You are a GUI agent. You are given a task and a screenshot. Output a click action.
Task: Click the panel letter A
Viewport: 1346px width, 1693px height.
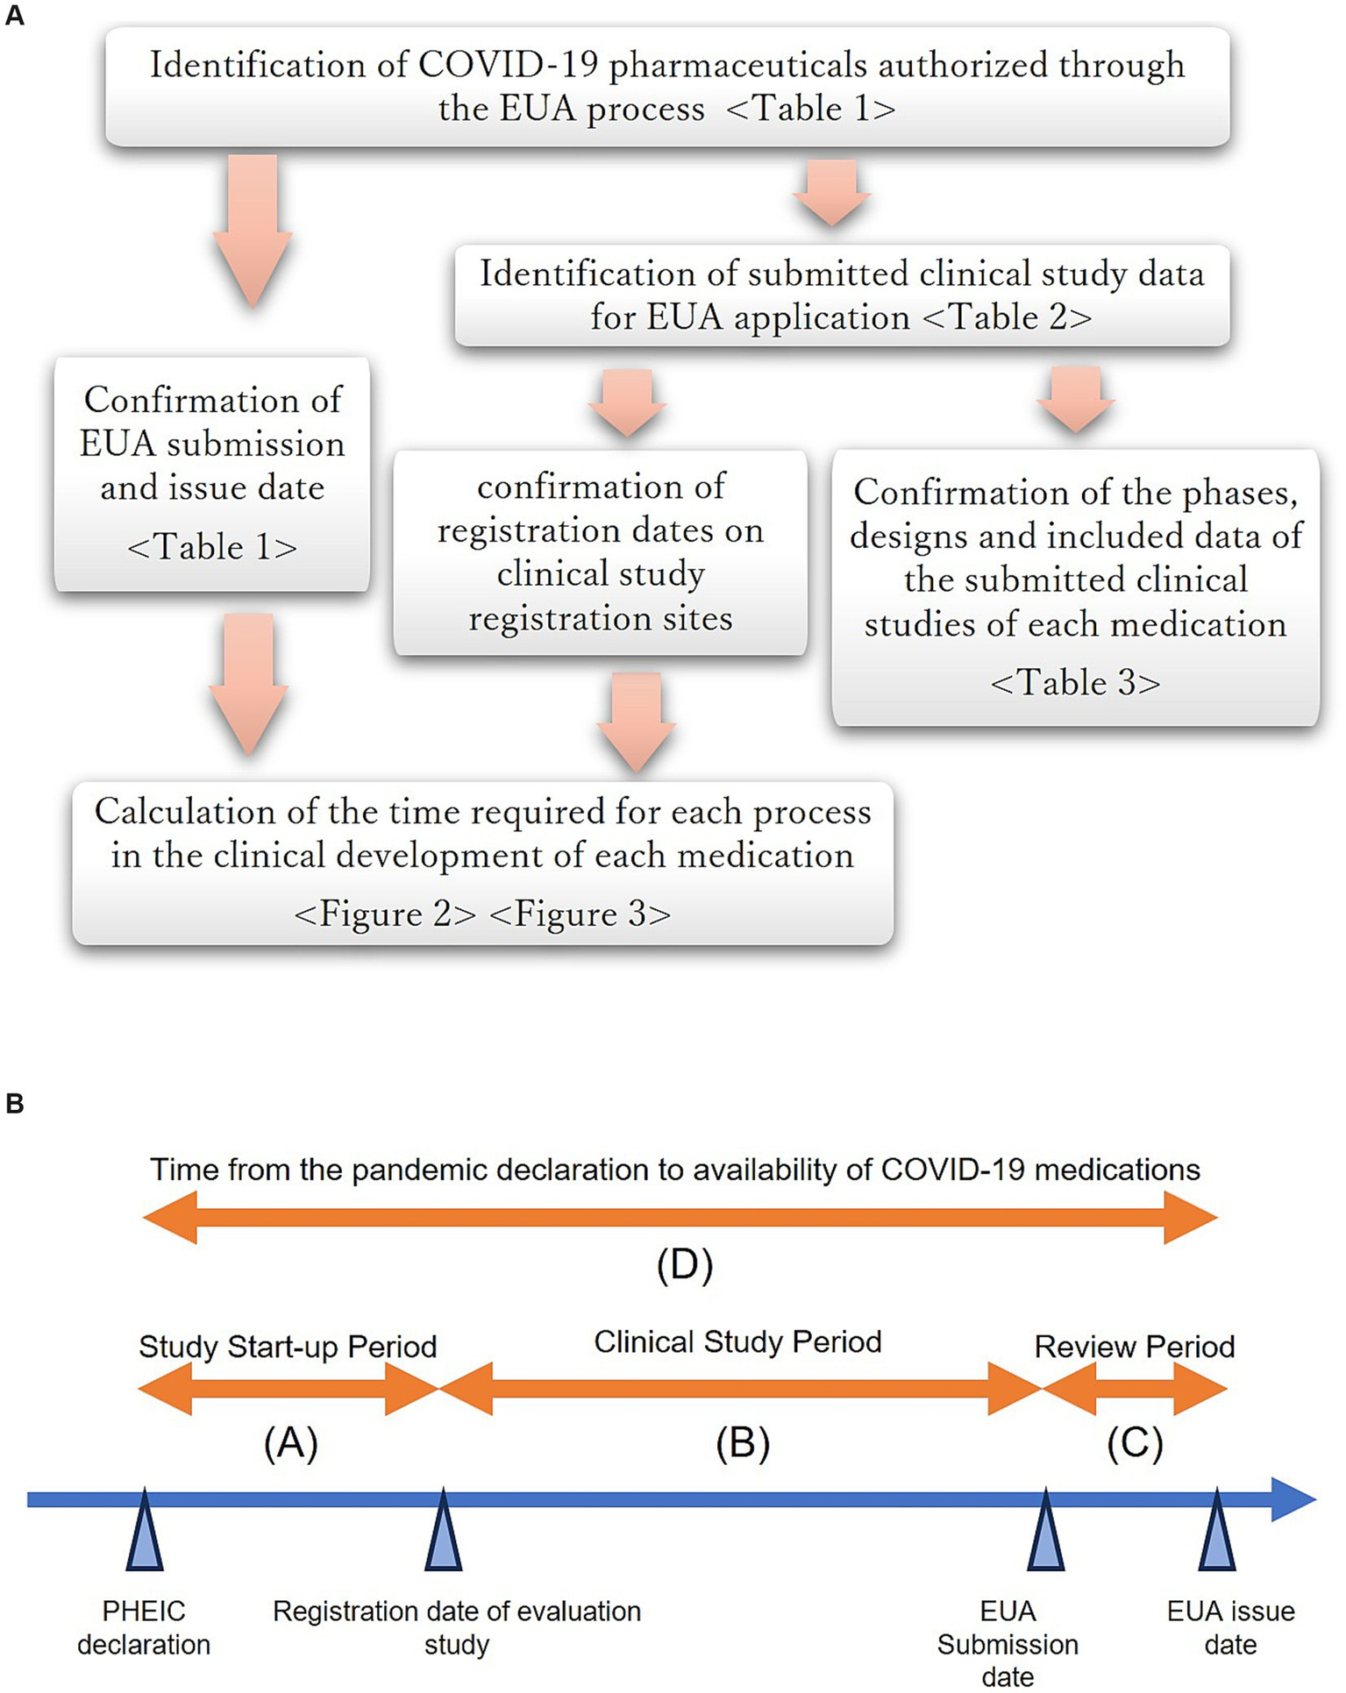click(x=14, y=16)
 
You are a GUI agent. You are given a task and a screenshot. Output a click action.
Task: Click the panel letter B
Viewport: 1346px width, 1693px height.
click(x=14, y=1103)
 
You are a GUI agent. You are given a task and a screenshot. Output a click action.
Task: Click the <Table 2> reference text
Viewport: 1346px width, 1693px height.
click(x=1008, y=317)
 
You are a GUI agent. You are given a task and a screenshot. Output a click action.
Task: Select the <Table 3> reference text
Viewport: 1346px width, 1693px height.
click(x=1075, y=683)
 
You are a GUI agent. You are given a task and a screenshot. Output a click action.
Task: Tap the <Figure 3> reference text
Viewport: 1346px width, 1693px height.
click(x=580, y=914)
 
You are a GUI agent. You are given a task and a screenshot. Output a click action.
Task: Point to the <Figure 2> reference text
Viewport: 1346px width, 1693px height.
click(x=385, y=914)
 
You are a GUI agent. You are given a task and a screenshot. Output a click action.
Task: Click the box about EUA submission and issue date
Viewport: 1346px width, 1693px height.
click(x=211, y=473)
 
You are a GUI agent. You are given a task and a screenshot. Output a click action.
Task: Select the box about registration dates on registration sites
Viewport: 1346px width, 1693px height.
click(x=600, y=552)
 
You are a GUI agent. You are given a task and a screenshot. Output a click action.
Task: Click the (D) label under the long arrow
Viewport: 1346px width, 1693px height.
click(x=685, y=1265)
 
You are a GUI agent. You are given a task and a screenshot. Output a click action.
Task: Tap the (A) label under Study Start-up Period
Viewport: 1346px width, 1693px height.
click(x=290, y=1443)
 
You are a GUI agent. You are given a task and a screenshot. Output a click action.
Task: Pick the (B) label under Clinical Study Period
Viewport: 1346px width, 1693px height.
click(x=742, y=1443)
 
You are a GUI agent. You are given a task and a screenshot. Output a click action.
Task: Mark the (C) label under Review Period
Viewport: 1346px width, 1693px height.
click(x=1134, y=1443)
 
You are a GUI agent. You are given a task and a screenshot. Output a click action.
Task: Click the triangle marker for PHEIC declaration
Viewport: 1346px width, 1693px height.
click(x=145, y=1533)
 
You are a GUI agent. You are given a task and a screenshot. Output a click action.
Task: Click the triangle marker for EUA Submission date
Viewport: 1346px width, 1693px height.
click(x=1045, y=1533)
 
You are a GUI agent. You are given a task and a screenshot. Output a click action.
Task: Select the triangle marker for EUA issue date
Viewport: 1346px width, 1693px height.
click(x=1216, y=1533)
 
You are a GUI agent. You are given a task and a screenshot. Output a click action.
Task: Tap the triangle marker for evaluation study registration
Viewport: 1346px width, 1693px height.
click(x=443, y=1533)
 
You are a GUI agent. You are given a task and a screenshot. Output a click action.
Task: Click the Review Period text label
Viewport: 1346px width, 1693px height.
click(x=1134, y=1347)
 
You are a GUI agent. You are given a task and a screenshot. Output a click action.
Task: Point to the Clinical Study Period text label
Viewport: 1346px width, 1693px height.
click(x=737, y=1342)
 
